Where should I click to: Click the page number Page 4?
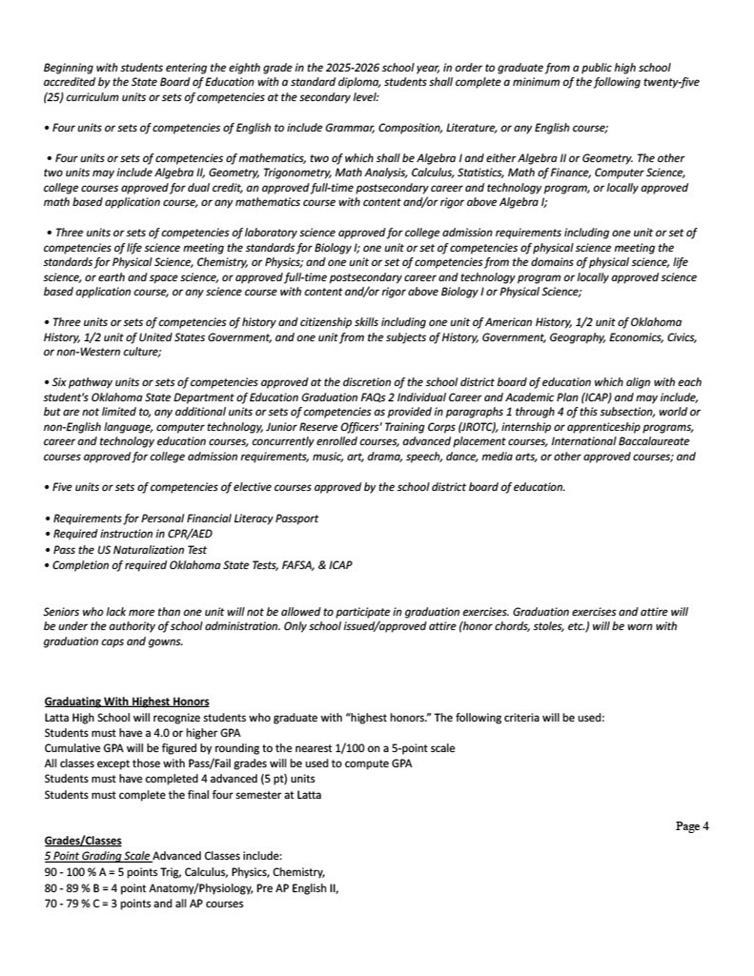click(692, 826)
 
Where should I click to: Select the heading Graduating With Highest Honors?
click(127, 702)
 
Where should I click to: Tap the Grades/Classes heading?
click(83, 842)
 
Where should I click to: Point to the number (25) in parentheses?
click(55, 97)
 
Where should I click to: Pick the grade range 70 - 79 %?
click(70, 904)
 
